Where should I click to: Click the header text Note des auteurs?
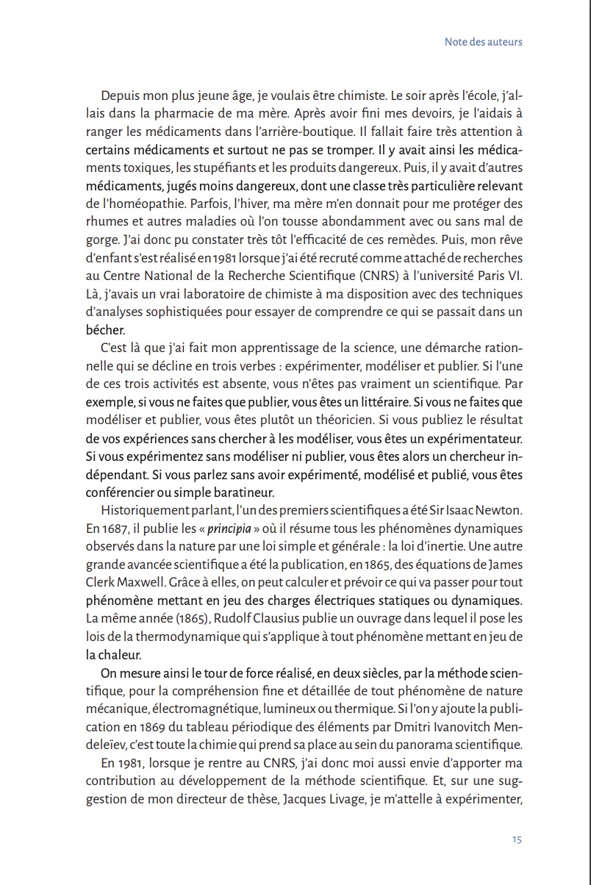[x=483, y=42]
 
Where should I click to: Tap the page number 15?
[x=517, y=839]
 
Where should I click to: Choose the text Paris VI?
[x=501, y=276]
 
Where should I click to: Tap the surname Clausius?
[x=257, y=618]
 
